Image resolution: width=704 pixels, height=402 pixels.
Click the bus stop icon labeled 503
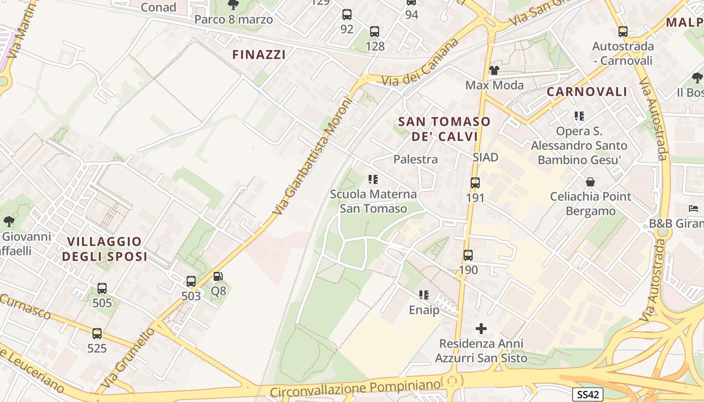[191, 281]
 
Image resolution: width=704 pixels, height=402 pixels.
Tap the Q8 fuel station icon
[218, 276]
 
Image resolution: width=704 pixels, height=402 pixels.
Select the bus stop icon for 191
[475, 183]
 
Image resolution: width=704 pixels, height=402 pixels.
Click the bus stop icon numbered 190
[468, 255]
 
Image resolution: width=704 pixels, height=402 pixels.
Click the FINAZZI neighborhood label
[259, 55]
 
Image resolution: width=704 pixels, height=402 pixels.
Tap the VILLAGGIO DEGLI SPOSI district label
[105, 249]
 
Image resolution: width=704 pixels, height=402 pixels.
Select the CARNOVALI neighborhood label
[587, 92]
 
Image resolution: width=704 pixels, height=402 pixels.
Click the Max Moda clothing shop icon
[494, 70]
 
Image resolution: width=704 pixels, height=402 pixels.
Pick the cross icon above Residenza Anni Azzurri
[481, 329]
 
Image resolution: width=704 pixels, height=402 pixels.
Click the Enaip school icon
[424, 295]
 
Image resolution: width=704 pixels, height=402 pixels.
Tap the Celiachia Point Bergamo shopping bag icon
[590, 181]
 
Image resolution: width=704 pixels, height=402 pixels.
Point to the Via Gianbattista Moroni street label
[311, 156]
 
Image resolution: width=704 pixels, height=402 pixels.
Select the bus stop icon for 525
[97, 333]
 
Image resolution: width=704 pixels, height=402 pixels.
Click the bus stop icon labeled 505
[102, 288]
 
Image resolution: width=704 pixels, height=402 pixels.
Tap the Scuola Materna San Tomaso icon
[373, 179]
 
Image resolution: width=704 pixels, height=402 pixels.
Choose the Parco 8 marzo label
[234, 20]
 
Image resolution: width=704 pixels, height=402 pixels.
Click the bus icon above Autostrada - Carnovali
[623, 32]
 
